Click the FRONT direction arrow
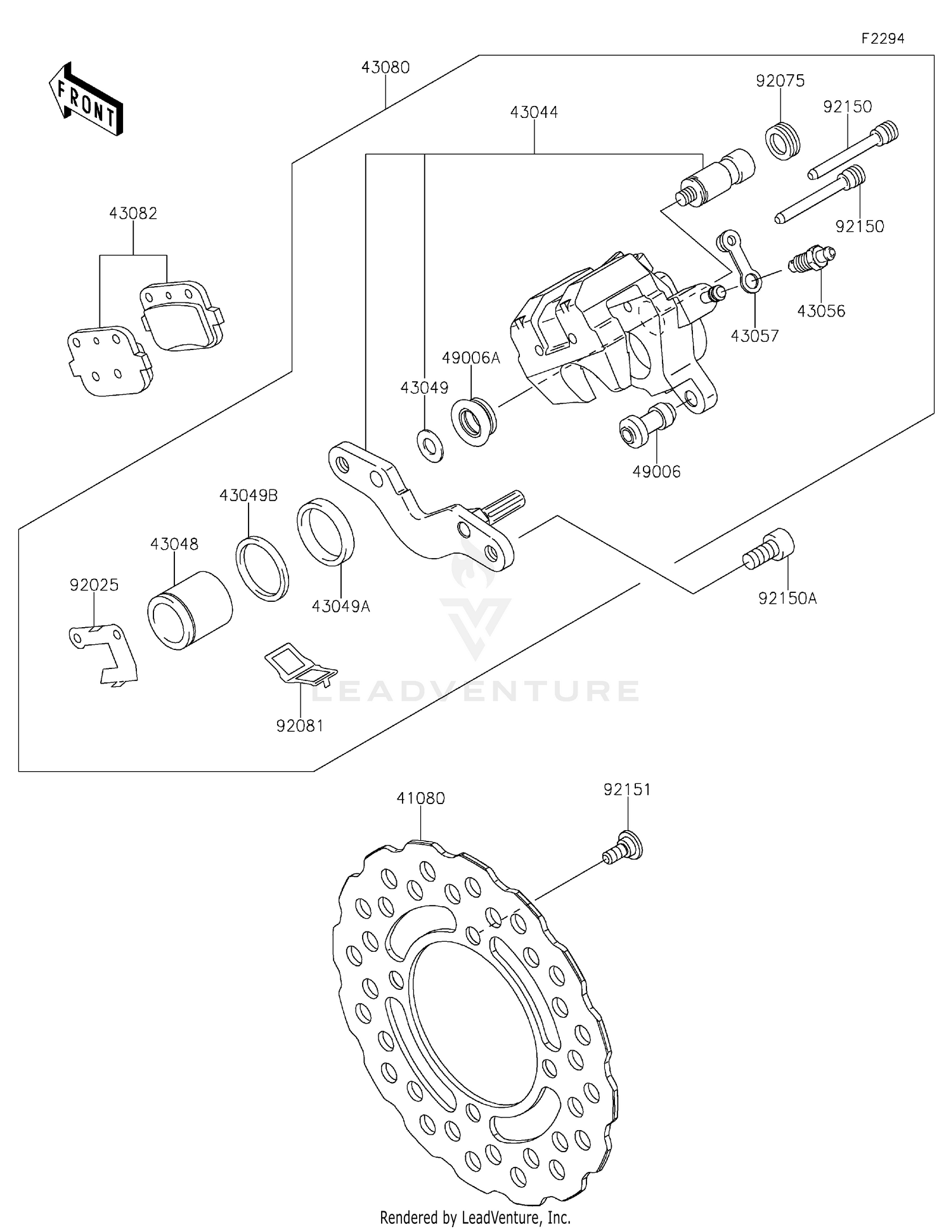pyautogui.click(x=86, y=100)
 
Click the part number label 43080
pyautogui.click(x=385, y=67)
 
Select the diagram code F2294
pyautogui.click(x=883, y=39)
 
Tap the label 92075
pyautogui.click(x=780, y=81)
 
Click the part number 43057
pyautogui.click(x=754, y=335)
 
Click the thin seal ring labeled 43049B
pyautogui.click(x=262, y=568)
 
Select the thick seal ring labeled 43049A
pyautogui.click(x=325, y=531)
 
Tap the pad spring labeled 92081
pyautogui.click(x=300, y=665)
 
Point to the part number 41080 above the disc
pyautogui.click(x=420, y=798)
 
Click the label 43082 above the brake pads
pyautogui.click(x=133, y=213)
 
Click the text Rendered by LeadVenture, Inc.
pyautogui.click(x=475, y=1218)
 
